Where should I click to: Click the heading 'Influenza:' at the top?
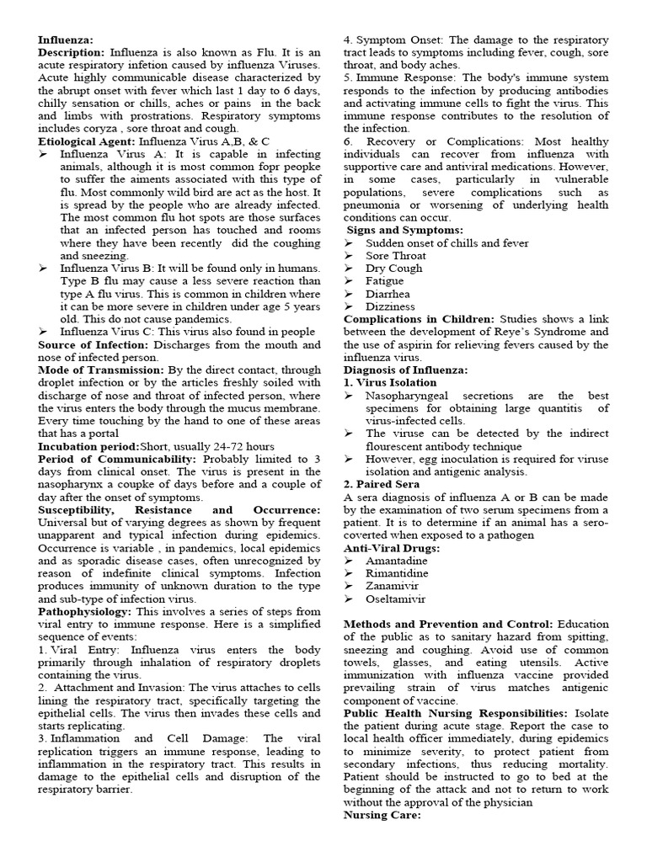(x=67, y=40)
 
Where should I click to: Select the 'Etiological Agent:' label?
(x=88, y=141)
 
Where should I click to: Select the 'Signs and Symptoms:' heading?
(x=404, y=230)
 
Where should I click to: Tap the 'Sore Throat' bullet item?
(x=396, y=255)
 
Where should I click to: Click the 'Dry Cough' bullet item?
(x=394, y=269)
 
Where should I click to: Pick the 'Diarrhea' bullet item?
(x=388, y=294)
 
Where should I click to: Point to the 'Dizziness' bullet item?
(x=390, y=306)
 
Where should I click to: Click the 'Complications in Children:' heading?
(x=420, y=319)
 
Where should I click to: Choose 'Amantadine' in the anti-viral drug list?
(x=396, y=560)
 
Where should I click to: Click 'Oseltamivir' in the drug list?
(x=396, y=599)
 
